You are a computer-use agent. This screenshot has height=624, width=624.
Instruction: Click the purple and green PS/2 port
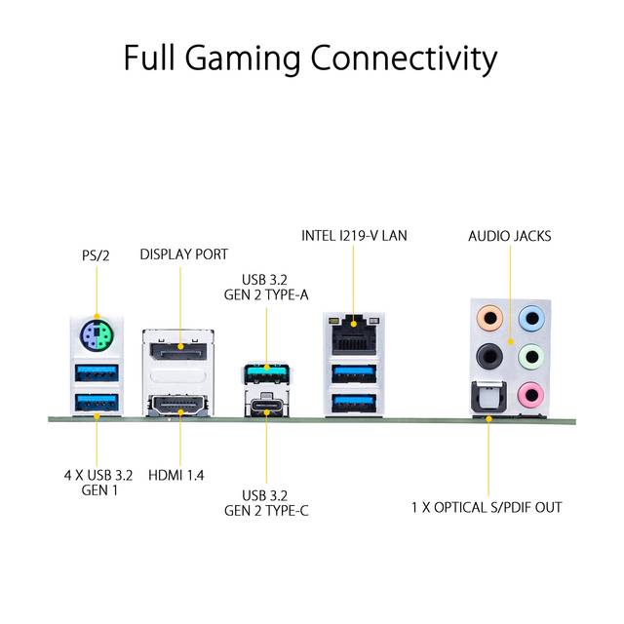point(97,334)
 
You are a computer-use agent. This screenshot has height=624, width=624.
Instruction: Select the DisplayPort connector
point(178,349)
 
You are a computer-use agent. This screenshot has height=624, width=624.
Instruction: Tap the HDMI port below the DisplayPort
point(178,406)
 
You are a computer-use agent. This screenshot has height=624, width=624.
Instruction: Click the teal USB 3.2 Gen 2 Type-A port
point(266,372)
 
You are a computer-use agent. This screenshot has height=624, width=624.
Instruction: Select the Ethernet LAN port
point(354,334)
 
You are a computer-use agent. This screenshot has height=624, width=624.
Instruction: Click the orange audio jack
point(489,319)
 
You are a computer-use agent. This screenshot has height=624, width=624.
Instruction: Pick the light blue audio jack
point(531,319)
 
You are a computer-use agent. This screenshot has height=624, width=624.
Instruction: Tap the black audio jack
point(489,356)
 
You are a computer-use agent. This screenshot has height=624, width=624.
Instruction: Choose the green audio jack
point(531,356)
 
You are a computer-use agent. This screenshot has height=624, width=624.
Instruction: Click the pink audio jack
point(531,395)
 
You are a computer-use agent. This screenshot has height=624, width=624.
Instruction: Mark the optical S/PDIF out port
point(488,398)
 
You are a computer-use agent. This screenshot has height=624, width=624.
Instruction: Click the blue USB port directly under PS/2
point(97,372)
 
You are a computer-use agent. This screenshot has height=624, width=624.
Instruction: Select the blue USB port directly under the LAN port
point(354,373)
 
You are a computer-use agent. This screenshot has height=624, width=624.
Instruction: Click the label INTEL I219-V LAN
point(354,236)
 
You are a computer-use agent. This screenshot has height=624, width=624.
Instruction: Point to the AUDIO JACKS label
point(510,236)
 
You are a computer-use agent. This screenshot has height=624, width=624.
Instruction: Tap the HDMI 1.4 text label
point(175,475)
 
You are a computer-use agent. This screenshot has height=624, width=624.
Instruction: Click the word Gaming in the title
point(243,58)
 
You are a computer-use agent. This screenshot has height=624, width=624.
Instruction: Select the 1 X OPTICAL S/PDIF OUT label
point(487,507)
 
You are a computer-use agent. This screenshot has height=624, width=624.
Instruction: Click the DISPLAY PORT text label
point(184,254)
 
